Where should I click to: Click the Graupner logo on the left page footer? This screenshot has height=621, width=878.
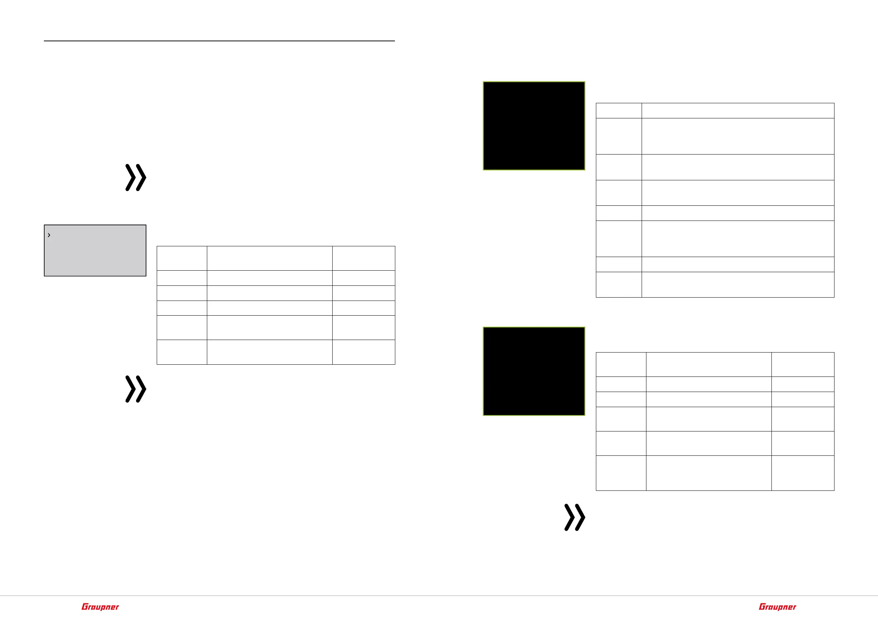[x=100, y=607]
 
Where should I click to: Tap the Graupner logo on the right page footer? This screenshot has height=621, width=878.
[x=777, y=607]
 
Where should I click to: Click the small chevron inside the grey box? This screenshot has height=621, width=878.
[x=49, y=235]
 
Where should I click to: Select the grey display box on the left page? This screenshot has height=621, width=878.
[x=95, y=250]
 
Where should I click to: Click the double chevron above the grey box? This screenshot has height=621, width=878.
[x=136, y=178]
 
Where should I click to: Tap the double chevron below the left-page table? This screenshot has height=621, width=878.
[x=136, y=389]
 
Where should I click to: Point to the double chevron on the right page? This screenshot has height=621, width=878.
[x=575, y=517]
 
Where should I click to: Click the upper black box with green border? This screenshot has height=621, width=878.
[x=534, y=126]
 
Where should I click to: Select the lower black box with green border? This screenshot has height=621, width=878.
[x=534, y=371]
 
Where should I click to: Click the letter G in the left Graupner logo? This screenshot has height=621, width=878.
[x=84, y=607]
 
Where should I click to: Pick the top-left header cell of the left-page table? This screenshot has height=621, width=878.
[x=182, y=259]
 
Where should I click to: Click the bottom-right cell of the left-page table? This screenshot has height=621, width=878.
[x=363, y=352]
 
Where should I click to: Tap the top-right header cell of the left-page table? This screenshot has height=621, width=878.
[x=363, y=259]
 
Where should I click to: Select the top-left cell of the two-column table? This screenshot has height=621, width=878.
[x=618, y=111]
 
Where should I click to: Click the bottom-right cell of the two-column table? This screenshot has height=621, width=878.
[x=738, y=284]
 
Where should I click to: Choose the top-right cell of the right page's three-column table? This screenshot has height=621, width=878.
[x=803, y=364]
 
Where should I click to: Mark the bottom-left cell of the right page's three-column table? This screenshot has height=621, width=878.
[x=621, y=473]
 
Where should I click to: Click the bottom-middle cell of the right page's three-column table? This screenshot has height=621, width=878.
[x=709, y=473]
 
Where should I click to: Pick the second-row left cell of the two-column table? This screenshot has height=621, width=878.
[x=618, y=136]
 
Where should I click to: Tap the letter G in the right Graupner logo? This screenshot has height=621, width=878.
[x=762, y=607]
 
